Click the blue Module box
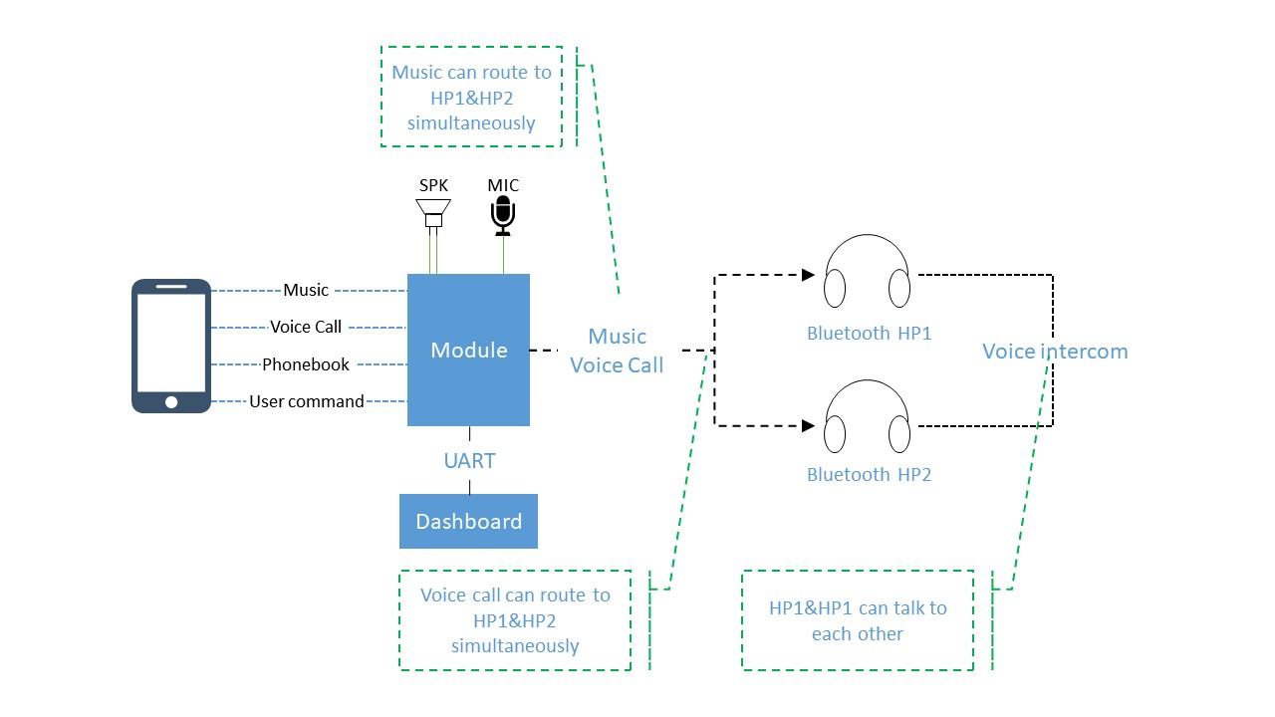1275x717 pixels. point(468,350)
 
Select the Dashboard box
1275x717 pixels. point(468,521)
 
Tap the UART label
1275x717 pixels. point(469,461)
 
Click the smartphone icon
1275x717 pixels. point(171,346)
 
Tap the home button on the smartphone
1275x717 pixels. point(171,402)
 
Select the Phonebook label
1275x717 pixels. point(306,364)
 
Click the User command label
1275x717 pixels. point(307,401)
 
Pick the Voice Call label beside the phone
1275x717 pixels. point(306,327)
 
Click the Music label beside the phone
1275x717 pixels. point(306,290)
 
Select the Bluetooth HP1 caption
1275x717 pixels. point(869,334)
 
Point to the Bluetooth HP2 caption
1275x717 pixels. point(869,475)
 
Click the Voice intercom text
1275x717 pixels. point(1055,352)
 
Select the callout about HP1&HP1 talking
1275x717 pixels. point(858,620)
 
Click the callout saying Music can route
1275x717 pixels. point(471,98)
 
